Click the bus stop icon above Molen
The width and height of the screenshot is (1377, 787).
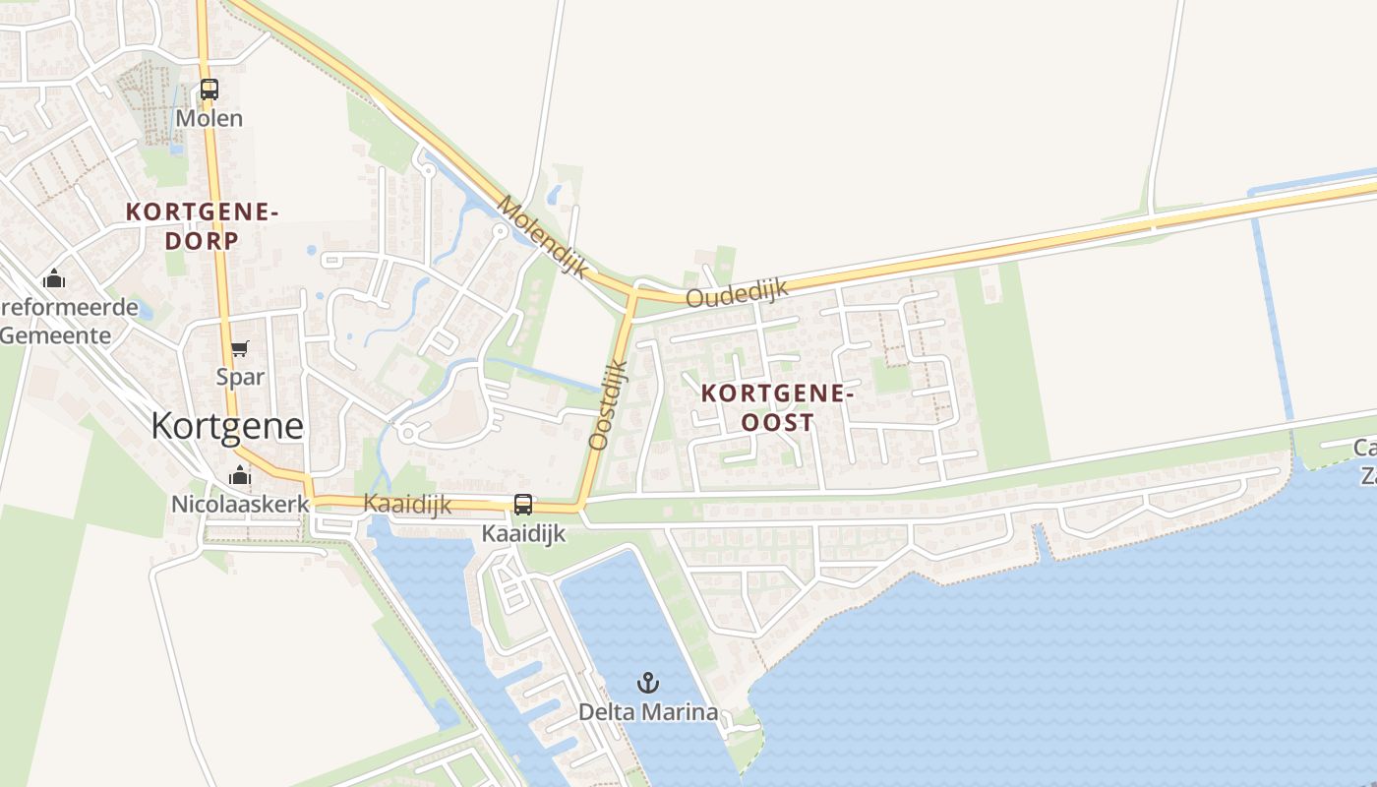[209, 89]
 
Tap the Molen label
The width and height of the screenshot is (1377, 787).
[209, 118]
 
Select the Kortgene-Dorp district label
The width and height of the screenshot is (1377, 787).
[203, 225]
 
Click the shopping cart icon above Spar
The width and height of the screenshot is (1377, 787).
[240, 348]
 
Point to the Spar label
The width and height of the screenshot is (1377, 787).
[240, 376]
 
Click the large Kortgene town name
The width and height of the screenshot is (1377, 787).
[227, 425]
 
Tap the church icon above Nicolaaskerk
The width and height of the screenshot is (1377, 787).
[240, 476]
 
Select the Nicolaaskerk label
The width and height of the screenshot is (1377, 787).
[240, 504]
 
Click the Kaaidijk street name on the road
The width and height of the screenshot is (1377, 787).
[407, 504]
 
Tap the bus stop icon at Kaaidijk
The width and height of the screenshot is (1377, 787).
[523, 505]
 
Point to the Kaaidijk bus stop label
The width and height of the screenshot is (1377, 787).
[523, 533]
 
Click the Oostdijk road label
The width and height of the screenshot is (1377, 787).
[607, 404]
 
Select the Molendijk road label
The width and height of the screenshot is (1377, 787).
[542, 236]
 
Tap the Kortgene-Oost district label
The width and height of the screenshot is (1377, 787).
[773, 407]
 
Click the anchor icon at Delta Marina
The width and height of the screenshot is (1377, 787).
[647, 682]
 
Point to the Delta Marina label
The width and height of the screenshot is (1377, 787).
[647, 711]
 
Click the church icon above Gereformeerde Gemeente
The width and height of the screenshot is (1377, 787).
[54, 279]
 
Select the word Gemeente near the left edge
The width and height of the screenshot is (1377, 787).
[55, 334]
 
